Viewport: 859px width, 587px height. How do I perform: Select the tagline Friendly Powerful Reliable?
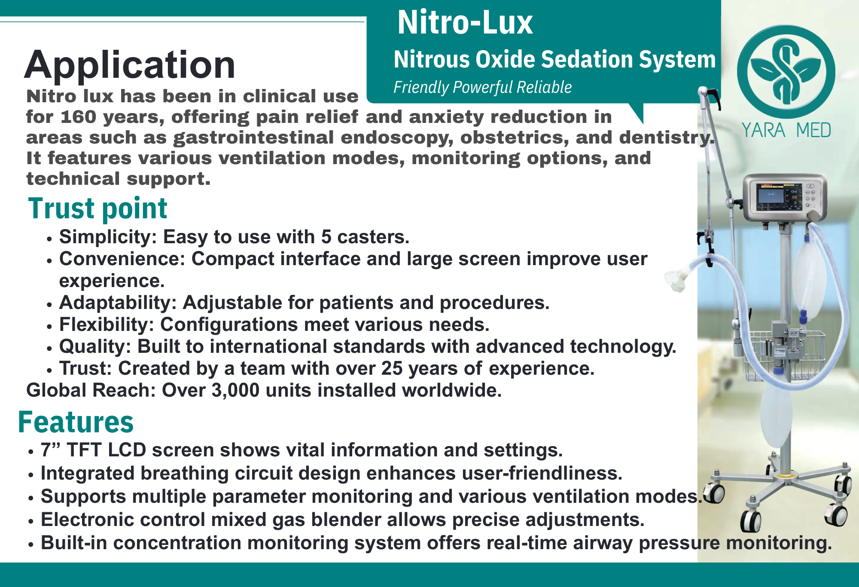pyautogui.click(x=482, y=87)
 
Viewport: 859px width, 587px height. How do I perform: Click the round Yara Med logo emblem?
pyautogui.click(x=786, y=72)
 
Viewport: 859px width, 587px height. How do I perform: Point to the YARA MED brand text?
pyautogui.click(x=786, y=130)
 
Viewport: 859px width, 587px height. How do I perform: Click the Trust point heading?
pyautogui.click(x=97, y=208)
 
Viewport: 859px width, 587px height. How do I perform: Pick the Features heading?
pyautogui.click(x=76, y=422)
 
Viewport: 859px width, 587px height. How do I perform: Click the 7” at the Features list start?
pyautogui.click(x=51, y=450)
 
